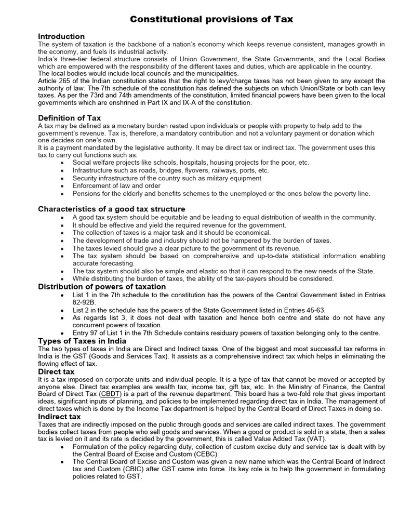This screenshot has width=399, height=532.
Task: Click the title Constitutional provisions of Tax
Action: [x=211, y=19]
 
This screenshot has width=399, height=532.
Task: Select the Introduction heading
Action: [x=61, y=36]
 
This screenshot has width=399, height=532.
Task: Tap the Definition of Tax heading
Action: [x=70, y=118]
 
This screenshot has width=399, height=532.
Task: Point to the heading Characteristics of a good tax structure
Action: [x=112, y=209]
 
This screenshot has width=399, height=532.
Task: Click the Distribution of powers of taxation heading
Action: [x=102, y=287]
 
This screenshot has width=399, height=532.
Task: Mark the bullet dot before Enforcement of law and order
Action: [x=63, y=186]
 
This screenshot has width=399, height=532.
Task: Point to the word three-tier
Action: [x=71, y=59]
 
